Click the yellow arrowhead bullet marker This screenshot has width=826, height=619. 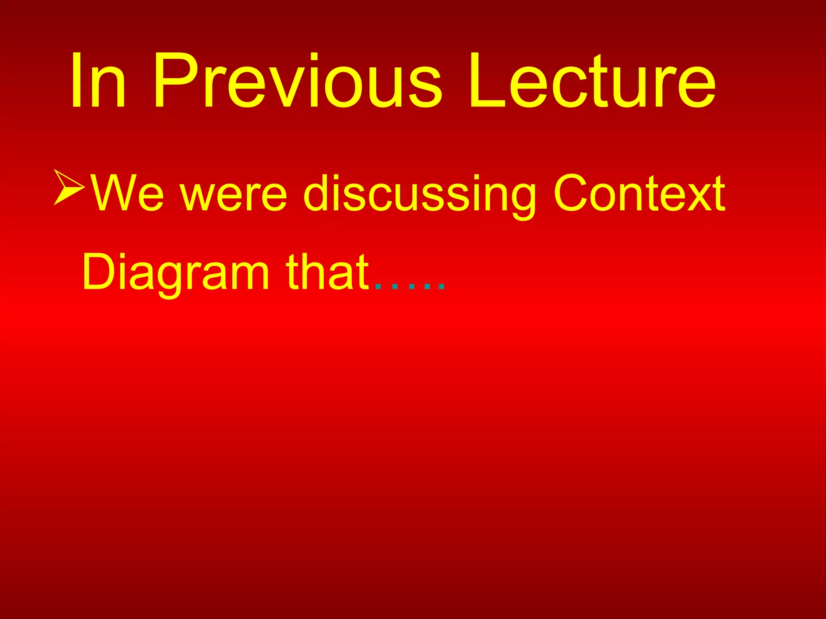tap(69, 187)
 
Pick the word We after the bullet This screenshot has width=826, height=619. tap(127, 193)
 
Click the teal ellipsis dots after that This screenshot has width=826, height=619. tap(410, 286)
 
